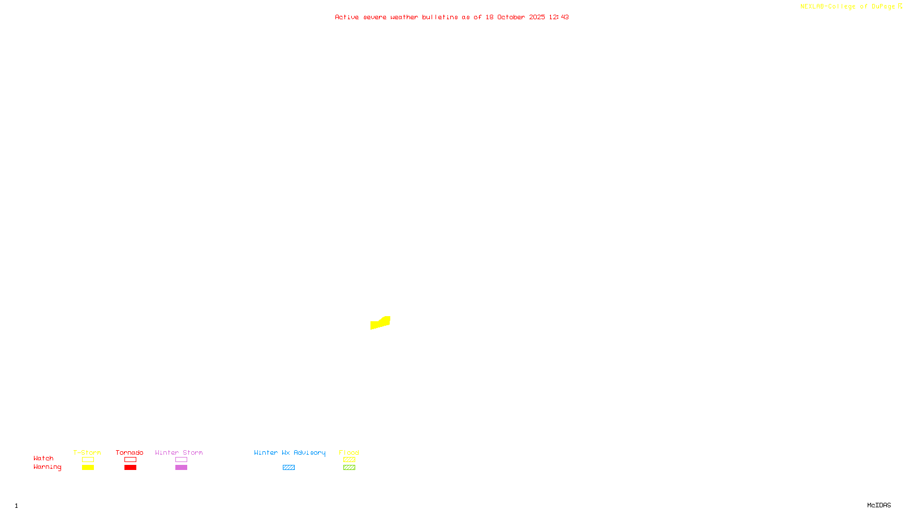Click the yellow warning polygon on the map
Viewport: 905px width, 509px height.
click(x=380, y=323)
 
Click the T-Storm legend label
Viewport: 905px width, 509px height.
click(x=87, y=452)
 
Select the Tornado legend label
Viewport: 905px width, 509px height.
click(x=130, y=452)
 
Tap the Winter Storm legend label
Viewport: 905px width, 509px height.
click(x=179, y=452)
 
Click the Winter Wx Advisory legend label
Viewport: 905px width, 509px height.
click(x=290, y=452)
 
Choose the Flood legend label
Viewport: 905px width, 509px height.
click(x=349, y=452)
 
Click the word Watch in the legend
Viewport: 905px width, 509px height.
click(x=44, y=458)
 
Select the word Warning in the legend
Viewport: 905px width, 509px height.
click(x=47, y=467)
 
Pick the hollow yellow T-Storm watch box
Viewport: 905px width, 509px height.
click(x=88, y=460)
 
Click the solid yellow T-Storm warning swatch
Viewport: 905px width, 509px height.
click(x=88, y=468)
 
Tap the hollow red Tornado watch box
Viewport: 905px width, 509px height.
click(x=130, y=460)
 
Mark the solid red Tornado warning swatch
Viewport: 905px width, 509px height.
click(x=130, y=468)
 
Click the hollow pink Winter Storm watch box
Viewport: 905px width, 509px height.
click(x=181, y=460)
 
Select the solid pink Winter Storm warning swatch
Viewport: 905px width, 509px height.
click(x=181, y=468)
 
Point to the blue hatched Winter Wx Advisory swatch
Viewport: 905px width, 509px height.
click(x=288, y=468)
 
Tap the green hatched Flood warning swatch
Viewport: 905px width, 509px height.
click(x=349, y=468)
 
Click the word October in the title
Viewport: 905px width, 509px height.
click(x=511, y=17)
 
